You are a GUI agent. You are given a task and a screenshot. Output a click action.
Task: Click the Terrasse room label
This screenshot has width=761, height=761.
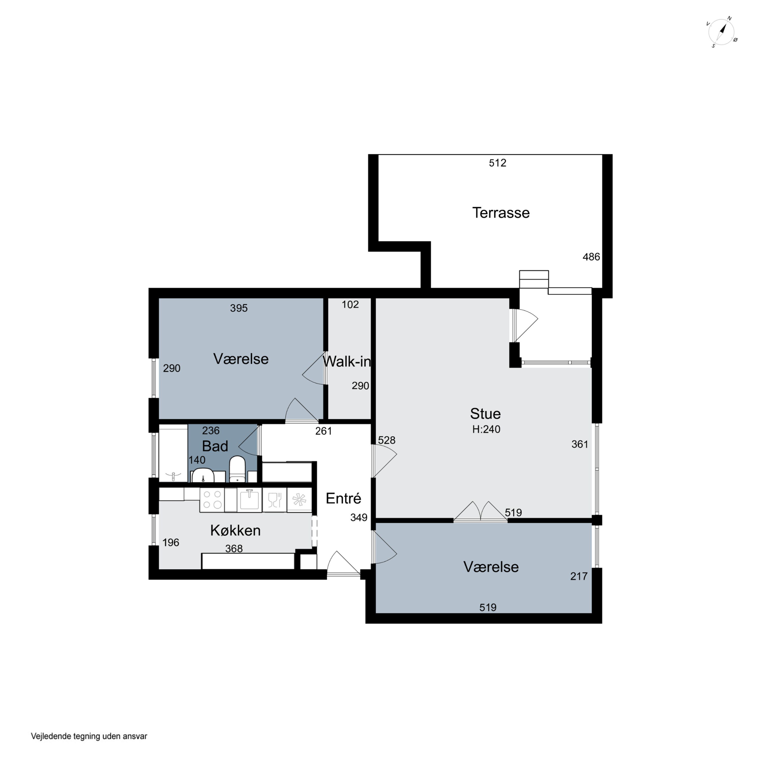pos(501,213)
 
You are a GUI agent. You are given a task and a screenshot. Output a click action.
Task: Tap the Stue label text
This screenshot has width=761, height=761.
pos(485,413)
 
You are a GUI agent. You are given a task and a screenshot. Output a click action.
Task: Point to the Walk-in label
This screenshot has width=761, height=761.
pos(347,361)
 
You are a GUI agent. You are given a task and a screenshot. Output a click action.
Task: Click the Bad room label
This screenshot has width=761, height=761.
pos(215,446)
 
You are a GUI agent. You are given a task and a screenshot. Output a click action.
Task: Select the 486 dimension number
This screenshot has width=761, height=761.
pos(591,257)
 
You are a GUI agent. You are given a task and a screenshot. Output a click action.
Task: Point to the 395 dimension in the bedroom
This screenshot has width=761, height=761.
pos(239,308)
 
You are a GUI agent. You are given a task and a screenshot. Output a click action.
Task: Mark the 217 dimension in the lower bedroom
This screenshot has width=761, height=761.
pos(579,576)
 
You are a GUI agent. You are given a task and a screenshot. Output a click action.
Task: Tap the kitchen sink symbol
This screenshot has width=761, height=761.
pos(249,500)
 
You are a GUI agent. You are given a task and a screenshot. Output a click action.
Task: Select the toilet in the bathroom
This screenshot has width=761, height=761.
pos(237,469)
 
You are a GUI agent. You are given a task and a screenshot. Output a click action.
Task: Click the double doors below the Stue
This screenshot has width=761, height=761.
pos(480,512)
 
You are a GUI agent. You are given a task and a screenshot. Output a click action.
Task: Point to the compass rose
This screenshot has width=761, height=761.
pos(722,32)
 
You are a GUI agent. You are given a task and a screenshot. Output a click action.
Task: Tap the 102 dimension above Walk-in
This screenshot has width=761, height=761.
pos(350,304)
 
